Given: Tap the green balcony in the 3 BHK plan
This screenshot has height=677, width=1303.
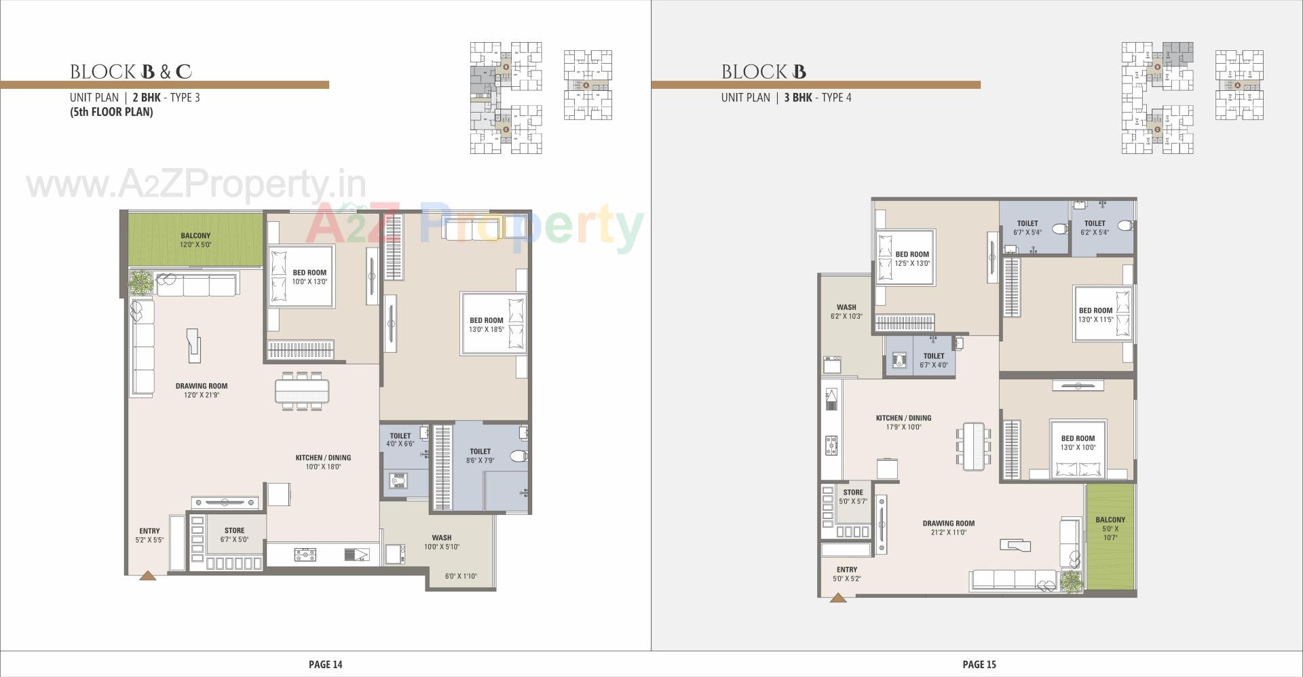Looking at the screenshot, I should (x=1110, y=536).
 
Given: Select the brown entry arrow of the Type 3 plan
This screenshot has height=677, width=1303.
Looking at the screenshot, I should (x=148, y=575).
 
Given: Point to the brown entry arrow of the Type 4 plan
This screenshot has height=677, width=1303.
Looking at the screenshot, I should (x=838, y=598).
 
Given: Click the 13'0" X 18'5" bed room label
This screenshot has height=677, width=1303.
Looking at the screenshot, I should (x=487, y=325).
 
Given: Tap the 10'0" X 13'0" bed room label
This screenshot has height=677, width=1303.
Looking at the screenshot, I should (x=309, y=277).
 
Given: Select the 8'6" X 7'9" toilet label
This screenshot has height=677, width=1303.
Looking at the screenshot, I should (x=480, y=455).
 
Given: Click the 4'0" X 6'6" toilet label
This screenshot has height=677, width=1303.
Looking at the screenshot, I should (x=400, y=440).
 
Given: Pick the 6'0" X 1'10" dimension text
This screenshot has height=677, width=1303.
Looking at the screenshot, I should (x=461, y=577).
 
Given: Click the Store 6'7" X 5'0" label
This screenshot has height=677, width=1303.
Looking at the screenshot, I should (x=234, y=535).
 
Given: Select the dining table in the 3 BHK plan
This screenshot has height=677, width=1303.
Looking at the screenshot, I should (x=972, y=445).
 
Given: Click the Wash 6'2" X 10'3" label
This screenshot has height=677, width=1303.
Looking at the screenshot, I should (x=846, y=311).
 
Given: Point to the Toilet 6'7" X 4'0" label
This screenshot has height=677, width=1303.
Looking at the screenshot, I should (x=934, y=360).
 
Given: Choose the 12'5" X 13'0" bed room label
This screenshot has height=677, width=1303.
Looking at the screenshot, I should (x=912, y=259).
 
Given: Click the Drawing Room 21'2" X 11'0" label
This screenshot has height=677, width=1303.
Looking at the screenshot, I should (x=948, y=528).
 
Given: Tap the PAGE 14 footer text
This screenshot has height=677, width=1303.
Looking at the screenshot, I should (x=325, y=665).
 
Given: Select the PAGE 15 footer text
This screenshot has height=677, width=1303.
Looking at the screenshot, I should (x=979, y=665).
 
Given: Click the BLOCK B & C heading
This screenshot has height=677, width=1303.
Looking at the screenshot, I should (x=131, y=72).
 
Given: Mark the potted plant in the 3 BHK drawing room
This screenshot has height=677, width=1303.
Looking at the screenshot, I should (x=1072, y=582).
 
